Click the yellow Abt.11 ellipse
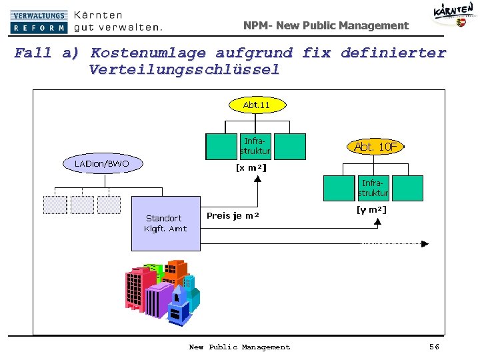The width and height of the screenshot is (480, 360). coord(256,105)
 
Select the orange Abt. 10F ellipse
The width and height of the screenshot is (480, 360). coord(375,147)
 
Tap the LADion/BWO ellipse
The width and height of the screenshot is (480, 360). coord(102,163)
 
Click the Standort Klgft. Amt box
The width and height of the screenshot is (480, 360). coord(166,223)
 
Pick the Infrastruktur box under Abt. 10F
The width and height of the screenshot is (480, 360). coord(373,188)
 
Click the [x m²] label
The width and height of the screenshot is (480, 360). coord(251,168)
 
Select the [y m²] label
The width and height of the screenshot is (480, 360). coord(371,210)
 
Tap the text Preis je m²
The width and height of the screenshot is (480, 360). coord(233,216)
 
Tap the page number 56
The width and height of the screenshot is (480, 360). coord(434,347)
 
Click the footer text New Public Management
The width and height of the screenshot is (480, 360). coord(239,347)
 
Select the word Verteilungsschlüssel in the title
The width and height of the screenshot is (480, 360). coord(184,70)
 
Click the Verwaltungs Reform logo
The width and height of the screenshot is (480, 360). coord(39,22)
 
